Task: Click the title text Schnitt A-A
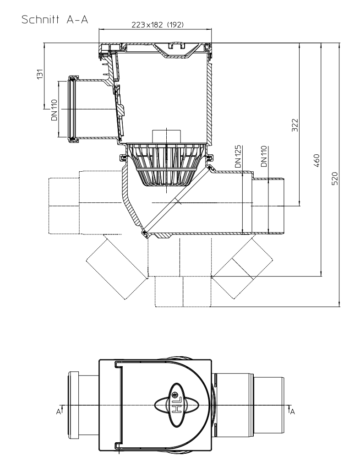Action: tap(55, 20)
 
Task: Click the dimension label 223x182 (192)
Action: tap(158, 25)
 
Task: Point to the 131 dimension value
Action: tap(40, 74)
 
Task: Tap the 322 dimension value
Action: tap(295, 125)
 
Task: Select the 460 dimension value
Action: tap(316, 160)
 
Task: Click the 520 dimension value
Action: tap(335, 178)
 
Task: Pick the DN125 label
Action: tap(238, 157)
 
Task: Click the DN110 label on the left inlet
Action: tap(54, 110)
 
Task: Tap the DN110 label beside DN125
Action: tap(264, 157)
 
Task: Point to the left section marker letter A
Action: tap(59, 412)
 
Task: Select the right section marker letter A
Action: tap(293, 412)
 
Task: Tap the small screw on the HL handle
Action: tap(175, 395)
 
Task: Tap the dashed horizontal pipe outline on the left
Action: tap(85, 202)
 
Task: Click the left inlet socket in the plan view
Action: tap(84, 405)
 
